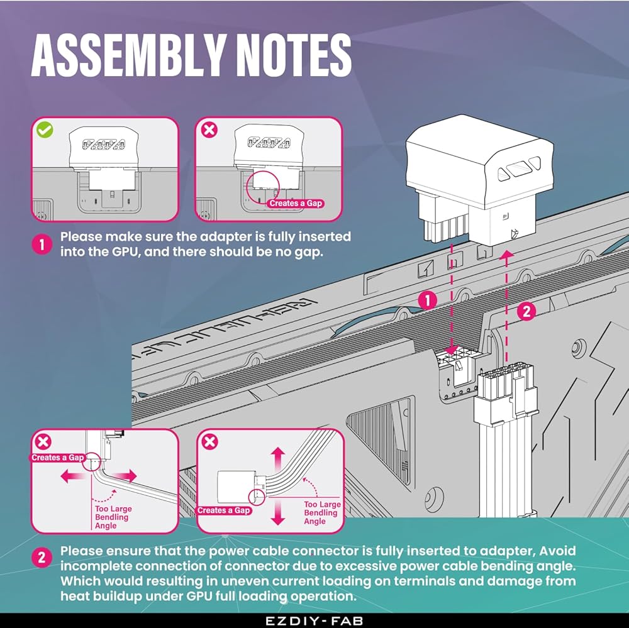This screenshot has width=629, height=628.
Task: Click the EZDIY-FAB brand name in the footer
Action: pos(314,620)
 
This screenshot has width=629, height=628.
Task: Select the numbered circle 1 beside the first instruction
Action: pos(42,245)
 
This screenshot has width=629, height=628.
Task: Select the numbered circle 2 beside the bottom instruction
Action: pos(42,557)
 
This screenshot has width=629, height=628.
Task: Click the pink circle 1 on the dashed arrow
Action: pos(428,300)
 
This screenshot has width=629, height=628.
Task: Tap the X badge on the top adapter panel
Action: pos(208,130)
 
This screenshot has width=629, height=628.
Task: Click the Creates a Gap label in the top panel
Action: pos(296,203)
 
